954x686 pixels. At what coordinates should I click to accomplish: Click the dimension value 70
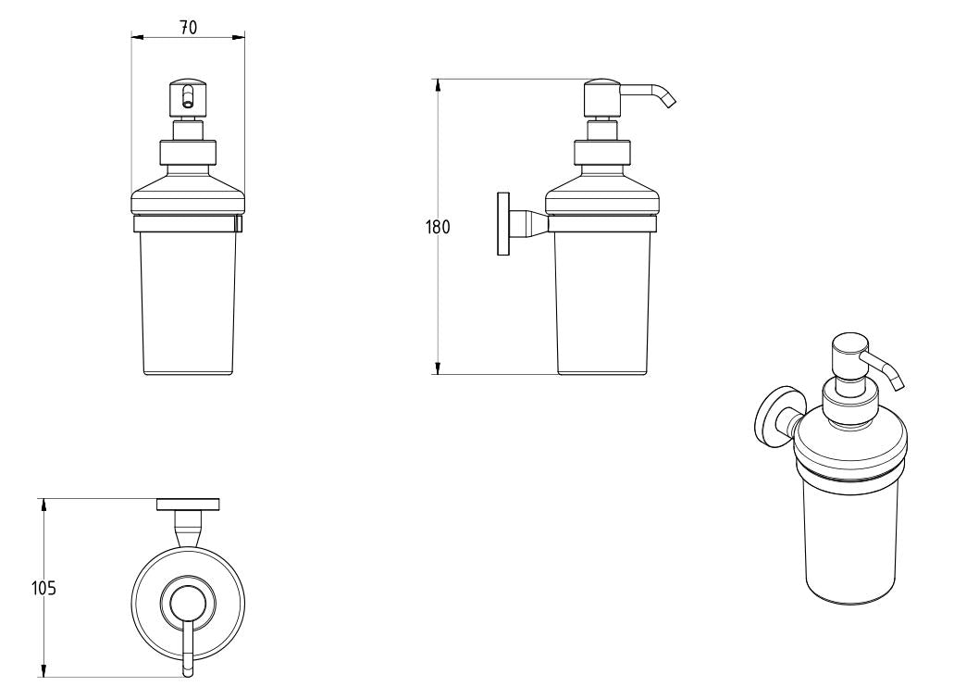[188, 28]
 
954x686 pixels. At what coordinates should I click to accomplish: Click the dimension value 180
[439, 227]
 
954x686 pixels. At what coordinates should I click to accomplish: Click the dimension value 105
[43, 587]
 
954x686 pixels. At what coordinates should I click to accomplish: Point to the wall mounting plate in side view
[503, 224]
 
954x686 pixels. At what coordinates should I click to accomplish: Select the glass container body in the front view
[188, 301]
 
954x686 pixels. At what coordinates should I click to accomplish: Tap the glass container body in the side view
[602, 301]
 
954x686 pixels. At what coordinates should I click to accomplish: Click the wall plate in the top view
[188, 505]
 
